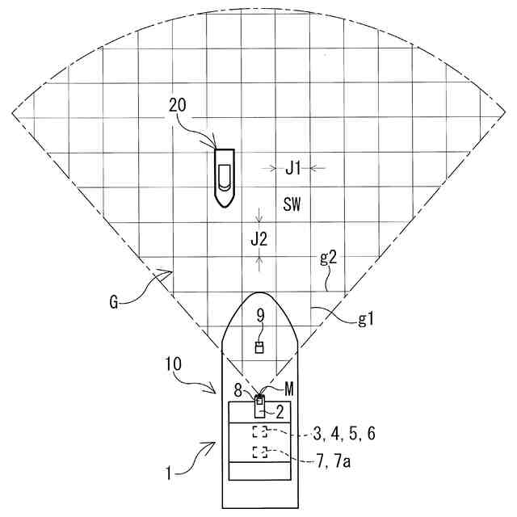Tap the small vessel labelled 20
(224, 175)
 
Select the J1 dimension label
(293, 168)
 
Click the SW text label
(292, 204)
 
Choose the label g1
(367, 320)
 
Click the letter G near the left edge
(116, 304)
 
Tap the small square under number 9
(259, 347)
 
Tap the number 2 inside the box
(280, 410)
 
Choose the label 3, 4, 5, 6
(343, 434)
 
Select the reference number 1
(169, 474)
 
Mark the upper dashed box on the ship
(259, 431)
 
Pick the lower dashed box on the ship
(259, 452)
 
